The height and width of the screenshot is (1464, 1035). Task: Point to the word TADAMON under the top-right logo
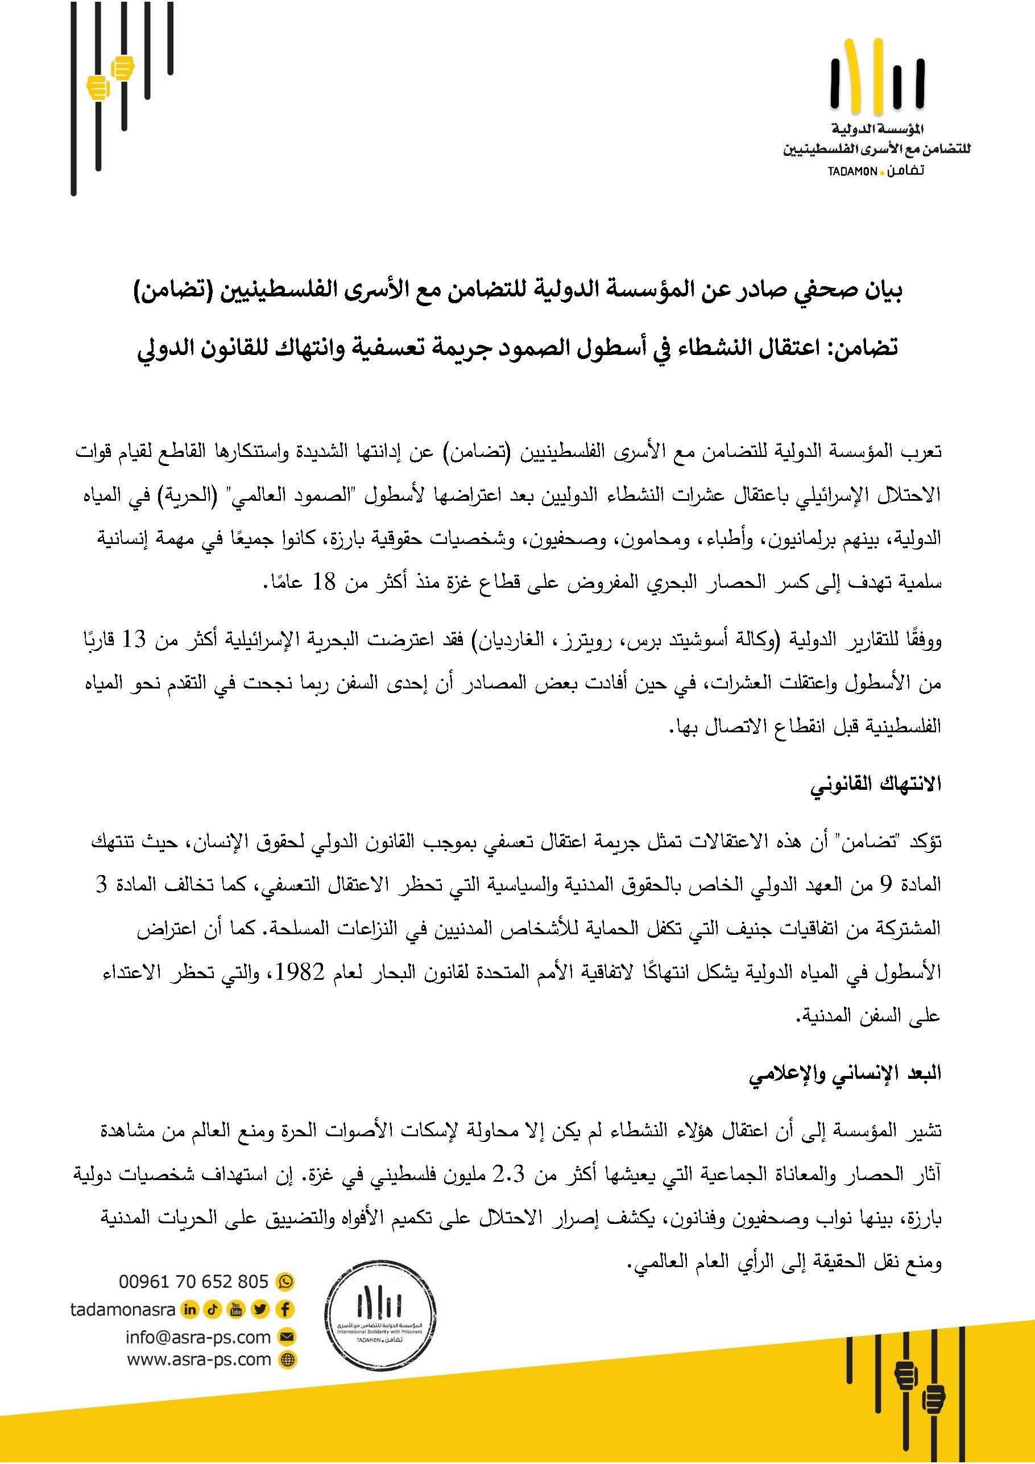point(852,172)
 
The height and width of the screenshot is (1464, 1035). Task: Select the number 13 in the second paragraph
point(134,639)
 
